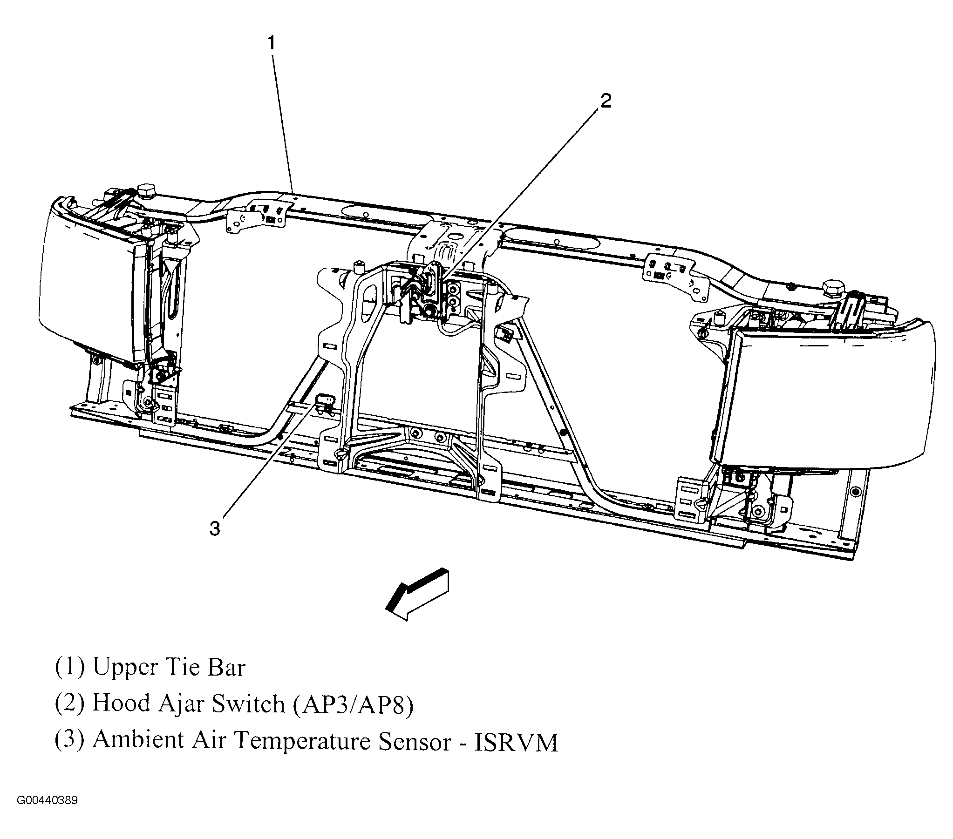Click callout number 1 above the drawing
click(272, 44)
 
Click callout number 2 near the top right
click(606, 101)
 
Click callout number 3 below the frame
click(215, 528)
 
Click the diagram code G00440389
click(48, 801)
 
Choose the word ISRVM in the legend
click(516, 743)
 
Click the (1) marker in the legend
click(70, 668)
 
